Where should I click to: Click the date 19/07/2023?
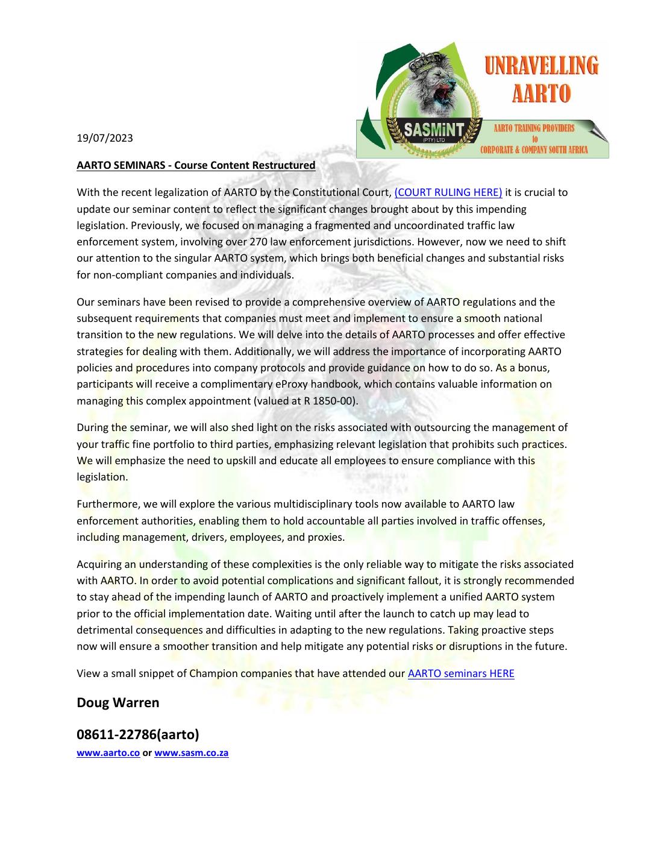click(105, 138)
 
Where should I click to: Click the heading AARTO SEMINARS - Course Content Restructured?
click(196, 165)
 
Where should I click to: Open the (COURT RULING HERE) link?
click(448, 193)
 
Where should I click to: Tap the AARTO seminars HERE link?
click(461, 673)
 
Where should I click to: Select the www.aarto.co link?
click(108, 753)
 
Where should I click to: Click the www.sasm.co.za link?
click(192, 753)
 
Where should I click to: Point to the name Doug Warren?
click(118, 703)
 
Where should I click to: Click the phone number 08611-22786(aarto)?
click(138, 735)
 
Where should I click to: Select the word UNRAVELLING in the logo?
click(542, 65)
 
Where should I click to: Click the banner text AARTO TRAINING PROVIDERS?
click(534, 128)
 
